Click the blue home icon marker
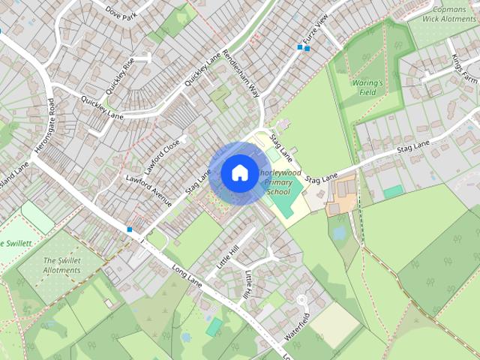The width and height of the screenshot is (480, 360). (x=238, y=172)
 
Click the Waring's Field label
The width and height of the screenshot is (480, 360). (x=367, y=87)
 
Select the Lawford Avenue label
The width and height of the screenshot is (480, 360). (x=149, y=190)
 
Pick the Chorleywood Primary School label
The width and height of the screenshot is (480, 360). (x=279, y=182)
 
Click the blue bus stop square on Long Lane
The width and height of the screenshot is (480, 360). (x=130, y=229)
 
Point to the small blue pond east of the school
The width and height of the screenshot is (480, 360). (x=340, y=233)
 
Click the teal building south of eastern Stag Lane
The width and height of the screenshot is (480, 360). (x=394, y=192)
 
